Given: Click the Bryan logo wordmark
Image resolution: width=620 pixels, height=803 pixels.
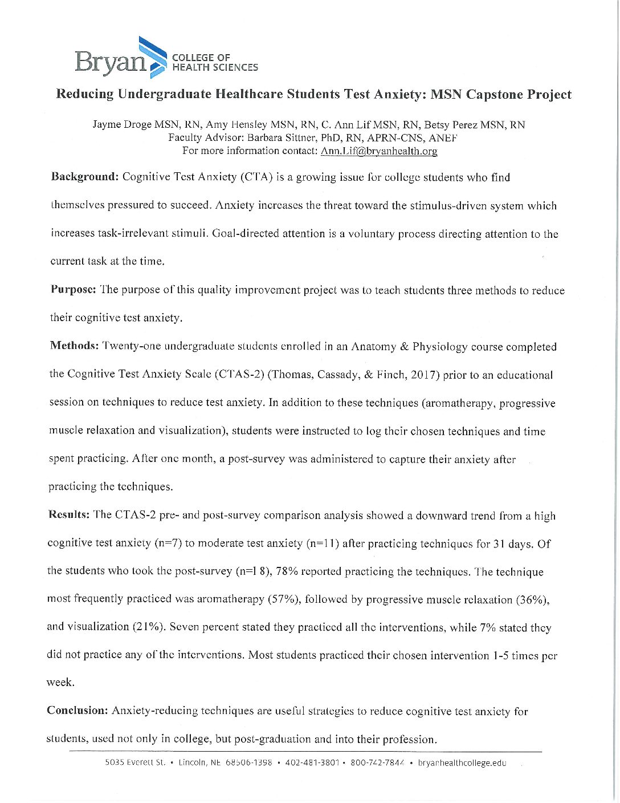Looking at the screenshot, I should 110,61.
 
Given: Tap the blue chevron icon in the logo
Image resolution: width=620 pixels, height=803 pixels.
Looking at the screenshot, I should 152,55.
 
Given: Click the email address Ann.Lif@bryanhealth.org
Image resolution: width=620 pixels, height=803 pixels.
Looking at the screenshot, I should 379,151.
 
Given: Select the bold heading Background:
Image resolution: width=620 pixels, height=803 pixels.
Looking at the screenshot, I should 84,177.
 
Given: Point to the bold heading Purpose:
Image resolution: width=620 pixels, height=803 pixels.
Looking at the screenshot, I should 73,290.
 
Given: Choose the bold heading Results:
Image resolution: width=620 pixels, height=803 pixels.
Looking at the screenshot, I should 68,515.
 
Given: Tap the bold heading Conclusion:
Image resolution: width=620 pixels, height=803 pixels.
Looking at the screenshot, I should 77,711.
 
